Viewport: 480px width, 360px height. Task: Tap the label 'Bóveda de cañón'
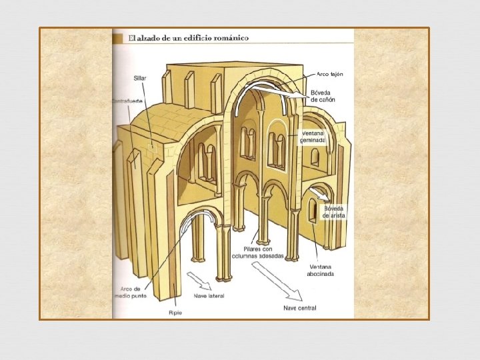(x=323, y=96)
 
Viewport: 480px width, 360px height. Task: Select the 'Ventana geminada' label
(x=313, y=137)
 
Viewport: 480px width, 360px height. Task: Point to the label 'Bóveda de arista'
(x=335, y=212)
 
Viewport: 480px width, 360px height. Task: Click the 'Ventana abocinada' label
(x=321, y=270)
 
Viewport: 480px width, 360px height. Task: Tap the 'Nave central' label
(x=300, y=308)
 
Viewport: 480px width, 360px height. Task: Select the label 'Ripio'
(x=175, y=311)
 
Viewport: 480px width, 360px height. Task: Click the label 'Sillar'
(x=140, y=78)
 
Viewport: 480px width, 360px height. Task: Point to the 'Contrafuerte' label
(x=127, y=101)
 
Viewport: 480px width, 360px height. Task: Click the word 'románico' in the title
(x=231, y=38)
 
